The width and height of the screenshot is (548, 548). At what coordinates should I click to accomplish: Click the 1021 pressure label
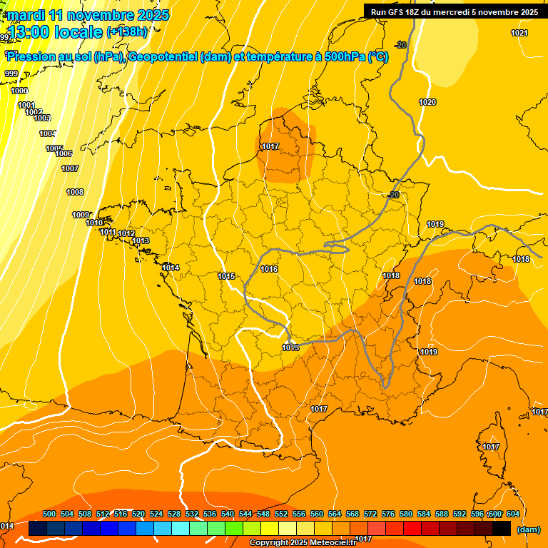point(519,34)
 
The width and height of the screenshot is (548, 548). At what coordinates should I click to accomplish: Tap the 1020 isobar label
point(427,102)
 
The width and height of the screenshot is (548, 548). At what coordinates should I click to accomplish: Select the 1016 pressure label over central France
point(269,269)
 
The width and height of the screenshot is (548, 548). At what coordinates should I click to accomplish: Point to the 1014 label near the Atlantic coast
point(171,268)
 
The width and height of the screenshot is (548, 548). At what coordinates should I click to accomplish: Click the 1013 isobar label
point(141,240)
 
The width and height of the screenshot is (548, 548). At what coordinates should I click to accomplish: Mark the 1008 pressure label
point(75,192)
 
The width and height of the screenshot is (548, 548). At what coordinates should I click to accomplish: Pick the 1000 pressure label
point(19,91)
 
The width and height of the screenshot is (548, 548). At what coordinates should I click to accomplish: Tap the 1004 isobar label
point(48,133)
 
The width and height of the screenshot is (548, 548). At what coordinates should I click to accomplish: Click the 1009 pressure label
point(81,215)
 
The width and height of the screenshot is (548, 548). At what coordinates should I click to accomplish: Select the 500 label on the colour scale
point(49,514)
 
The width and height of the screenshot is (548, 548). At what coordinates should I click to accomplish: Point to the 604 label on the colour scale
point(512,514)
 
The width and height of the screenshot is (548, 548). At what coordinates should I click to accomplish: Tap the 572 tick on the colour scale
point(370,514)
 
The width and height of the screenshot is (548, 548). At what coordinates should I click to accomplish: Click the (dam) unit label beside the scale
point(528,529)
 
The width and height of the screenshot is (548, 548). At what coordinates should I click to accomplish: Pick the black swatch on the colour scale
point(502,528)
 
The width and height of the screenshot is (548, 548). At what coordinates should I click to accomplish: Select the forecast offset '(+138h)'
point(127,31)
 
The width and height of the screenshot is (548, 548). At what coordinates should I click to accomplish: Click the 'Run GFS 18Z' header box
point(455,11)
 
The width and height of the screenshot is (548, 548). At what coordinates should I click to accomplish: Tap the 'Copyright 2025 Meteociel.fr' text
point(303,543)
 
